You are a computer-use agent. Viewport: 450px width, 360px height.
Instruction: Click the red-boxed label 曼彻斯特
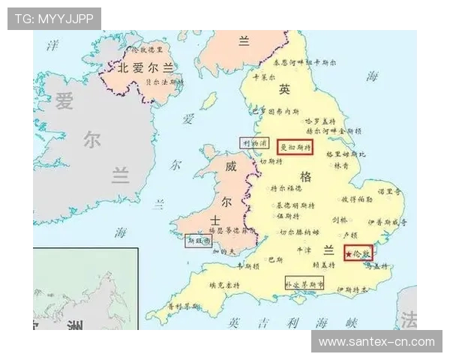[x=294, y=147]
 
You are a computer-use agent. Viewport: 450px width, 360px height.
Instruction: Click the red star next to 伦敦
[x=349, y=254]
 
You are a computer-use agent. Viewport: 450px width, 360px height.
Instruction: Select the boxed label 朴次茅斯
[x=304, y=284]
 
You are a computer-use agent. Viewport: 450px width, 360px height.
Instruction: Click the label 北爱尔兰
[x=145, y=67]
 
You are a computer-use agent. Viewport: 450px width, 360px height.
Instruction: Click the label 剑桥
[x=340, y=220]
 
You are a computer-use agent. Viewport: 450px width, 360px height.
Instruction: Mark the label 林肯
[x=341, y=166]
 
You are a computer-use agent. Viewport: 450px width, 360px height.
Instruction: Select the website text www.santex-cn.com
[x=376, y=341]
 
